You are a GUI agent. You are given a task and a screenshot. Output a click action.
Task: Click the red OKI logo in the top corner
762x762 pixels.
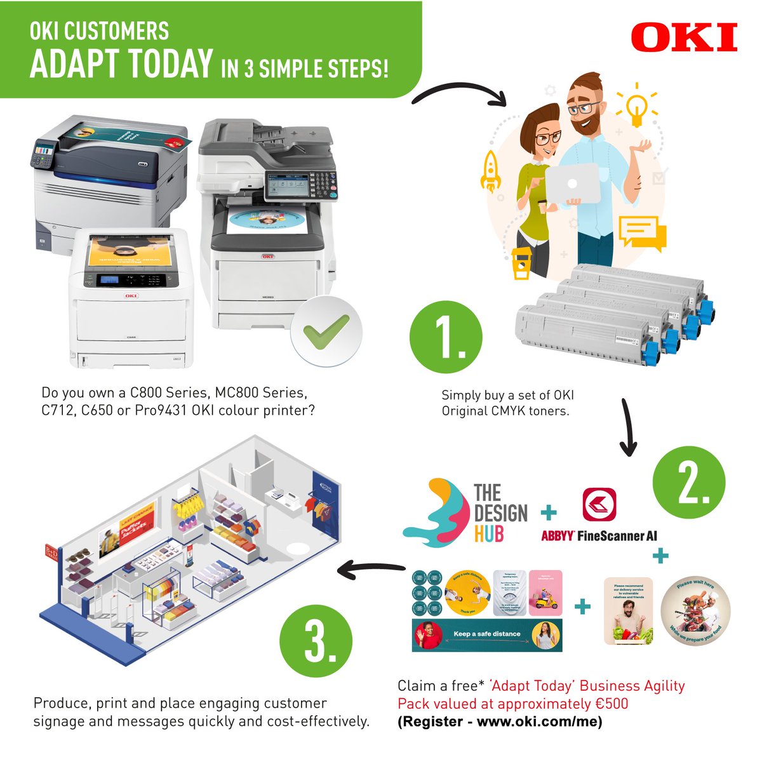click(684, 37)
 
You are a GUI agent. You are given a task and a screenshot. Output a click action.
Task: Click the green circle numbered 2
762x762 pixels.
click(688, 485)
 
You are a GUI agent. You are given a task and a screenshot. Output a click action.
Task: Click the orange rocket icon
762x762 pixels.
click(491, 170)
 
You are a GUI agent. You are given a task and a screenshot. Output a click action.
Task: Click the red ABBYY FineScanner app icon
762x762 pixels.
click(599, 504)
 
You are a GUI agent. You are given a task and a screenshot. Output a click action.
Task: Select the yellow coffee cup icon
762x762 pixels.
click(521, 263)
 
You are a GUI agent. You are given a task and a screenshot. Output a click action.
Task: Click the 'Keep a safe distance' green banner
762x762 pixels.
click(487, 634)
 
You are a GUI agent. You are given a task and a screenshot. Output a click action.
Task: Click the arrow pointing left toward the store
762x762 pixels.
click(371, 570)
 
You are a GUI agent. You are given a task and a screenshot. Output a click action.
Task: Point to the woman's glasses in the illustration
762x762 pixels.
click(547, 138)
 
